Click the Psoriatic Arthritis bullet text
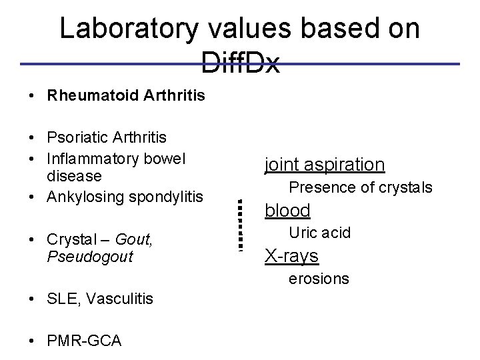tap(107, 137)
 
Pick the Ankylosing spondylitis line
tap(125, 197)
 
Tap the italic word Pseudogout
tap(90, 256)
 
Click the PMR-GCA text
tap(84, 341)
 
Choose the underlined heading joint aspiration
tap(324, 164)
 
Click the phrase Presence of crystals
tap(360, 187)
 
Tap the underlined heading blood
tap(287, 211)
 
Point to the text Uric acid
tap(319, 233)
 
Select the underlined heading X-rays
tap(291, 256)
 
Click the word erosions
tap(318, 279)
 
